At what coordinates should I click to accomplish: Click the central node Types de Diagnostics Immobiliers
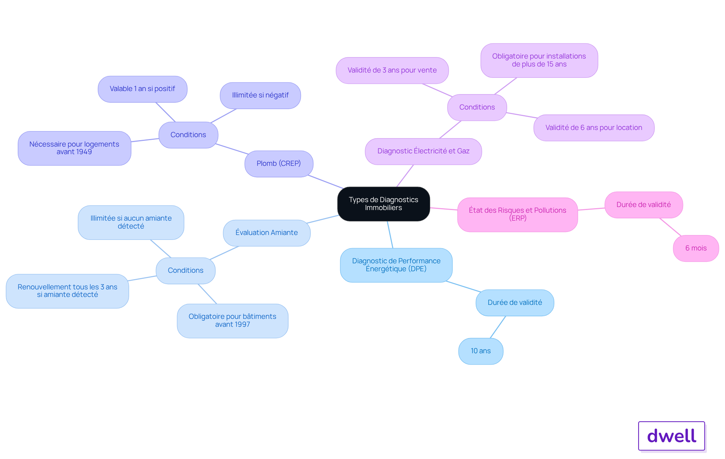[384, 204]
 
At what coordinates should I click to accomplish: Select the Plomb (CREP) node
[279, 164]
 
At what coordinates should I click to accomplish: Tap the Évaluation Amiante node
[267, 233]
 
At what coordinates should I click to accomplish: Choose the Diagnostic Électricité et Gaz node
[423, 151]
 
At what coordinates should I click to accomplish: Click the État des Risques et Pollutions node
[517, 214]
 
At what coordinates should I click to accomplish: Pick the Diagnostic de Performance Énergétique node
[396, 265]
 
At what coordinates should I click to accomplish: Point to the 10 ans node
[481, 351]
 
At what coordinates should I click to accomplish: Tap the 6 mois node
[696, 248]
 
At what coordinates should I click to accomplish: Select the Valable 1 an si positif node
[142, 89]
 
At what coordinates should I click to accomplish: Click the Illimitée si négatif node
[260, 95]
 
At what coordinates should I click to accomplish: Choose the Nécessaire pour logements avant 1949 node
[74, 148]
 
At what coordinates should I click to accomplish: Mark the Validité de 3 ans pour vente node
[392, 70]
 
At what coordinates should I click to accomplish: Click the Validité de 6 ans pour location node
[594, 128]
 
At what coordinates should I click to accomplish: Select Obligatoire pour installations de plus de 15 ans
[539, 60]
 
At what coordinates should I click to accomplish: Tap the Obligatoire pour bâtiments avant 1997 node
[233, 321]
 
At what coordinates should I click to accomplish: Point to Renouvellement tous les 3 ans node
[67, 291]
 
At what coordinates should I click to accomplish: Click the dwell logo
[671, 436]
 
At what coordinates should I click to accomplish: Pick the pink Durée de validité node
[643, 205]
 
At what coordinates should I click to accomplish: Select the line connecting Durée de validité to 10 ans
[498, 327]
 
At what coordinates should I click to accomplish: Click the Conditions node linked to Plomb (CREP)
[188, 135]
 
